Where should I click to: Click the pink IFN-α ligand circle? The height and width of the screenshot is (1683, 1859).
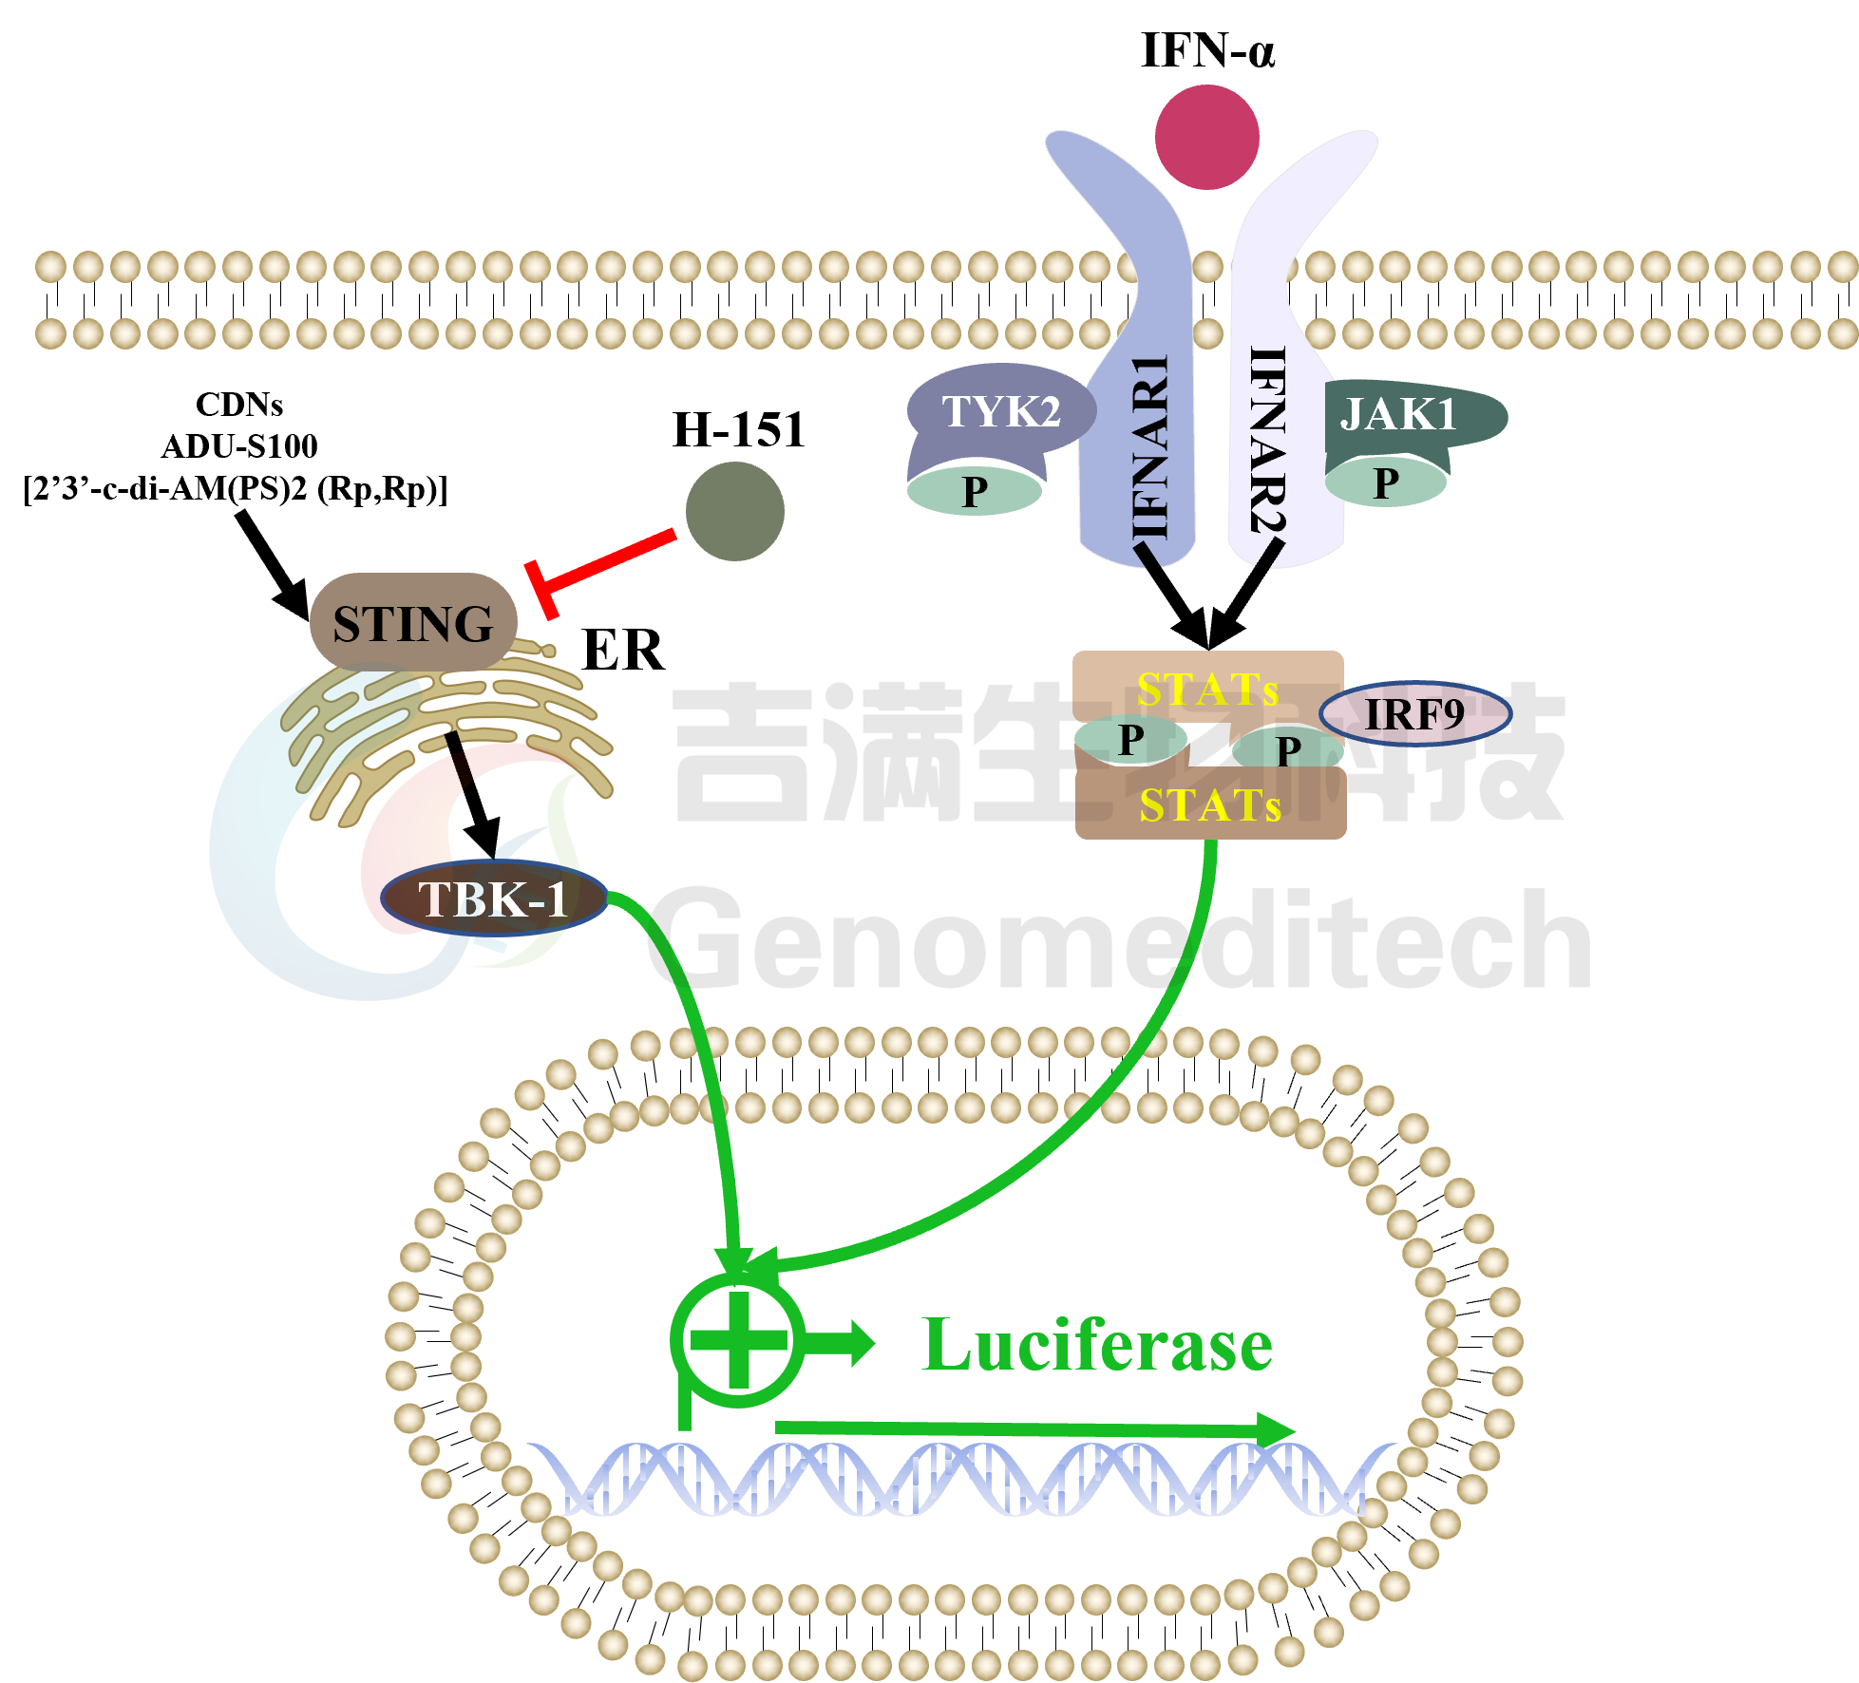(1206, 137)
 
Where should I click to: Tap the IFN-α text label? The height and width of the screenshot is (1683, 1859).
(1207, 50)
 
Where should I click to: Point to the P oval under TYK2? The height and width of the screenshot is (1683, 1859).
(975, 491)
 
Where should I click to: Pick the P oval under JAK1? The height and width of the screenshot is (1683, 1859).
(1386, 482)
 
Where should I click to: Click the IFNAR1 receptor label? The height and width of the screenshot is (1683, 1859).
(1150, 446)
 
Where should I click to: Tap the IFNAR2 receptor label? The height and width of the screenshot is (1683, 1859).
(1267, 440)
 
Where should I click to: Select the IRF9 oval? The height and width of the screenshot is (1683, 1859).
(1414, 713)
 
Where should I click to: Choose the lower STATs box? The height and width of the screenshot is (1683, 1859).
(1210, 803)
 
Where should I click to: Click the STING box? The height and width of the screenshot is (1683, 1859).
(413, 622)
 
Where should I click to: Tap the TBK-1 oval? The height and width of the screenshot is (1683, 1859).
(494, 898)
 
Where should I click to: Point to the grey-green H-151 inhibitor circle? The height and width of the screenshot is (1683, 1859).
(734, 511)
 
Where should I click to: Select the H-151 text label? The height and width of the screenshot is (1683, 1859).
(739, 429)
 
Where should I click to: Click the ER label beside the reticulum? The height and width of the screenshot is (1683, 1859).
(622, 651)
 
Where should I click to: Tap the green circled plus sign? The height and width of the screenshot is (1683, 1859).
(738, 1339)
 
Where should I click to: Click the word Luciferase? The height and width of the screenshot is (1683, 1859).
(1097, 1345)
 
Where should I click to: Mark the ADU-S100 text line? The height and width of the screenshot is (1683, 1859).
(239, 446)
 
